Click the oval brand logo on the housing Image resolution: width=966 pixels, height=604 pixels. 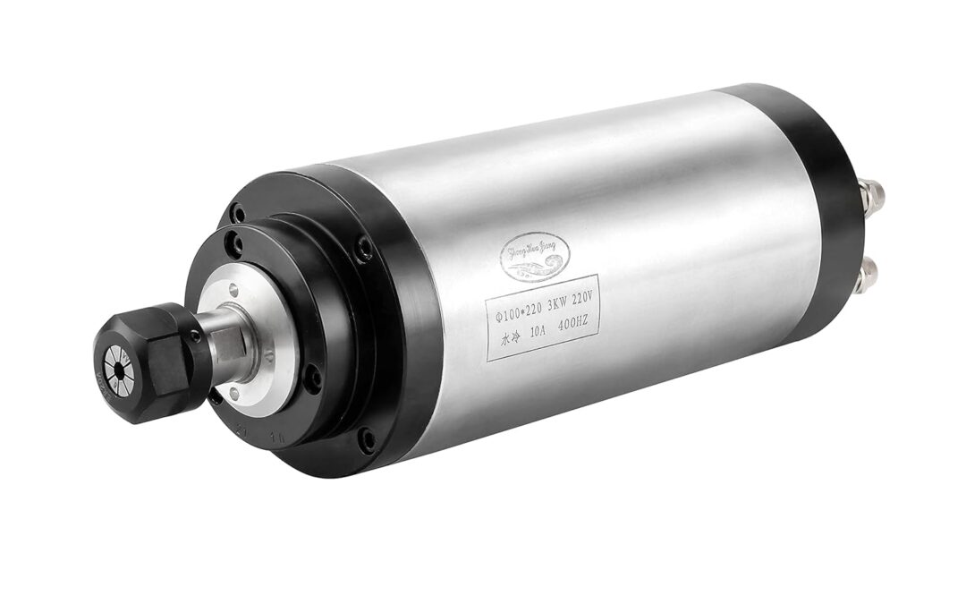[x=531, y=256]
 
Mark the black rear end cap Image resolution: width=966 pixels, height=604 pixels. [x=823, y=206]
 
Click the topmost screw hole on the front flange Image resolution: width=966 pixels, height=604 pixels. [x=237, y=214]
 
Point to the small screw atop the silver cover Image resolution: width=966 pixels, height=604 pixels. [x=233, y=287]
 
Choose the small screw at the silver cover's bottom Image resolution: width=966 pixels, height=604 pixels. [x=234, y=393]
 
